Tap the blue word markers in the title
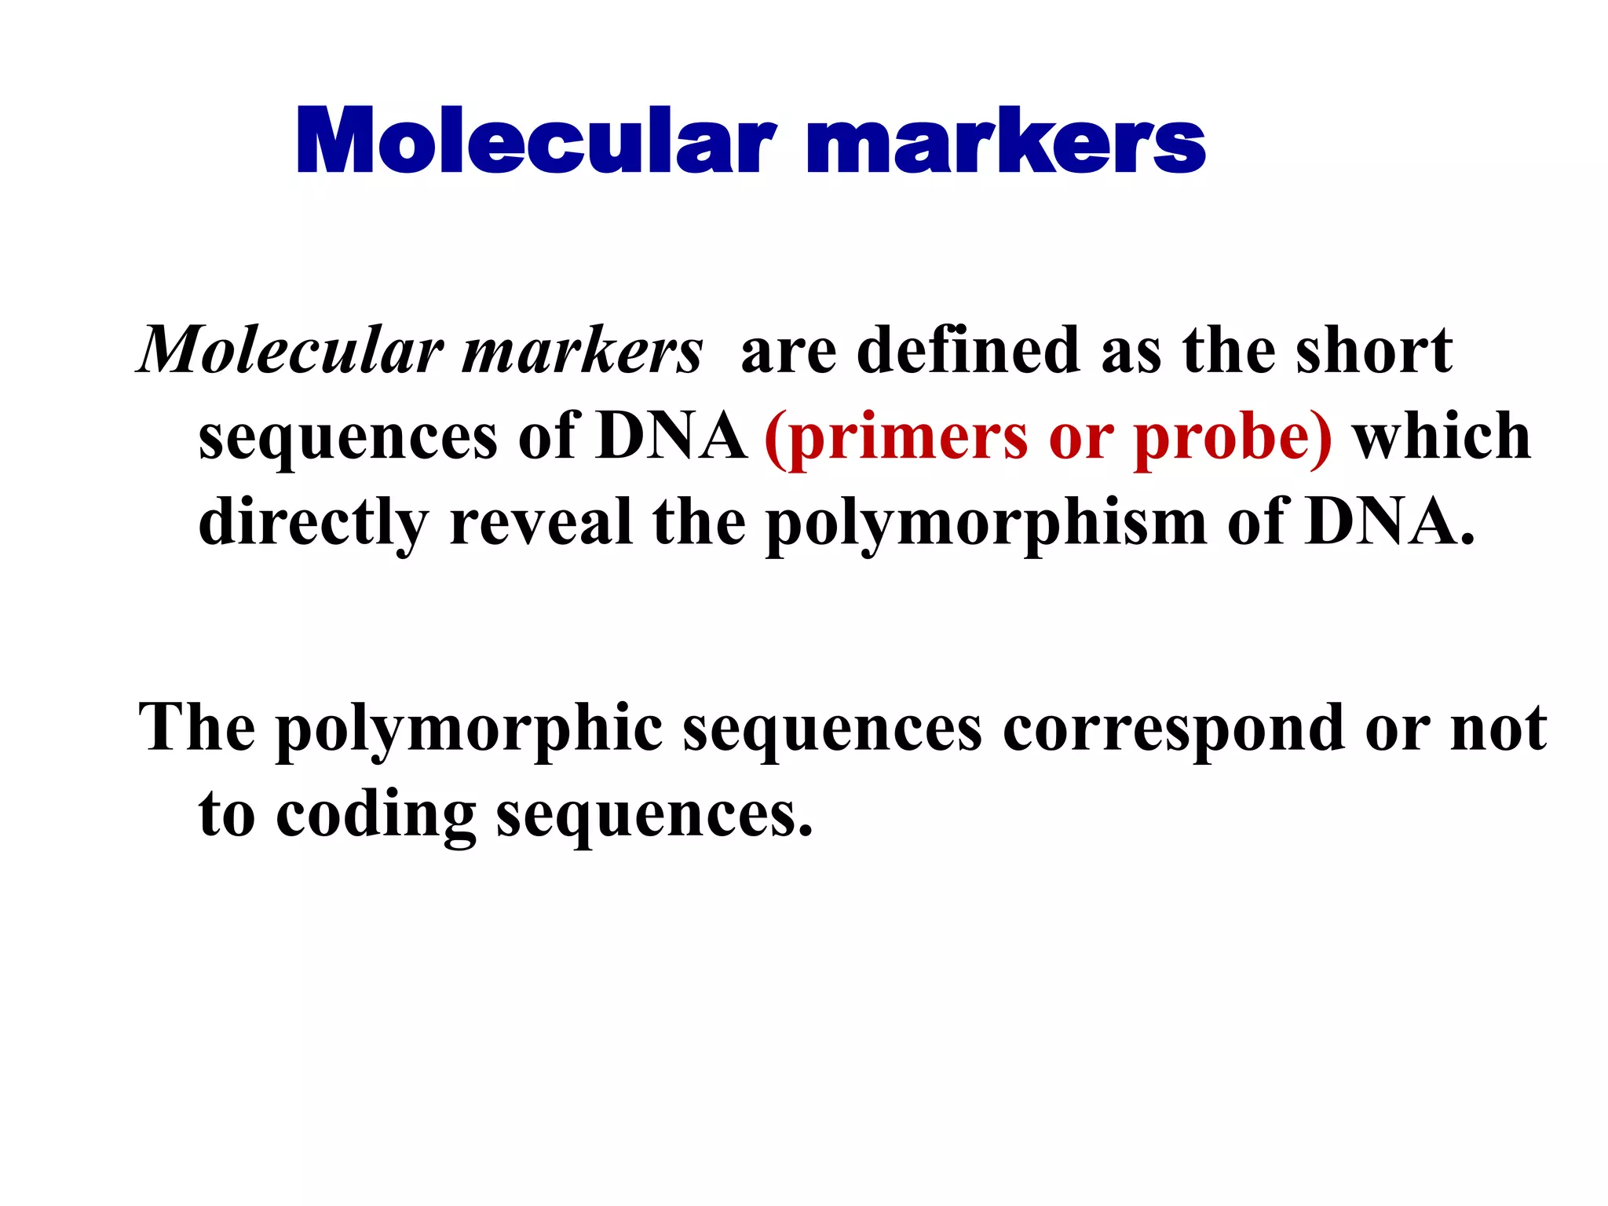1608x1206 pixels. click(1006, 141)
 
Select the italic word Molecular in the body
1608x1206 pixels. click(291, 351)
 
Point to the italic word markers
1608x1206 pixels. click(582, 351)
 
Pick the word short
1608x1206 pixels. click(1374, 351)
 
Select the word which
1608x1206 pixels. click(1442, 437)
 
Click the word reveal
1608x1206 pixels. click(541, 523)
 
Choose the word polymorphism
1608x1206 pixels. click(986, 523)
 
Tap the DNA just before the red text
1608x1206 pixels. click(672, 437)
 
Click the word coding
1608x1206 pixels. click(376, 815)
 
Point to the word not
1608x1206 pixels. click(1499, 729)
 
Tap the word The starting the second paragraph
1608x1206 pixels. click(197, 729)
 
